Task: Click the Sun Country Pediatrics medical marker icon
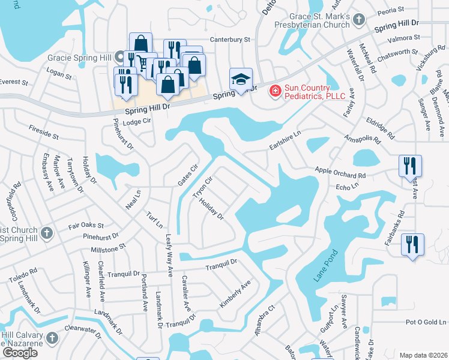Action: pos(275,91)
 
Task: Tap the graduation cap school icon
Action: pos(241,79)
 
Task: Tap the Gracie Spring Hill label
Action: pos(82,58)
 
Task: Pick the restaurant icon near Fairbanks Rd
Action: pos(412,244)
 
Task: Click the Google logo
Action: pos(20,353)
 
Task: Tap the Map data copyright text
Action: pos(423,355)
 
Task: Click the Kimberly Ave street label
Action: pos(234,295)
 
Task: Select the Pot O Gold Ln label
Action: pos(426,322)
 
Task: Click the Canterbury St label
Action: pos(229,40)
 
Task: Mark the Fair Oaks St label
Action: pos(86,227)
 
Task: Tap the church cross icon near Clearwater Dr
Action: pos(52,338)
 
